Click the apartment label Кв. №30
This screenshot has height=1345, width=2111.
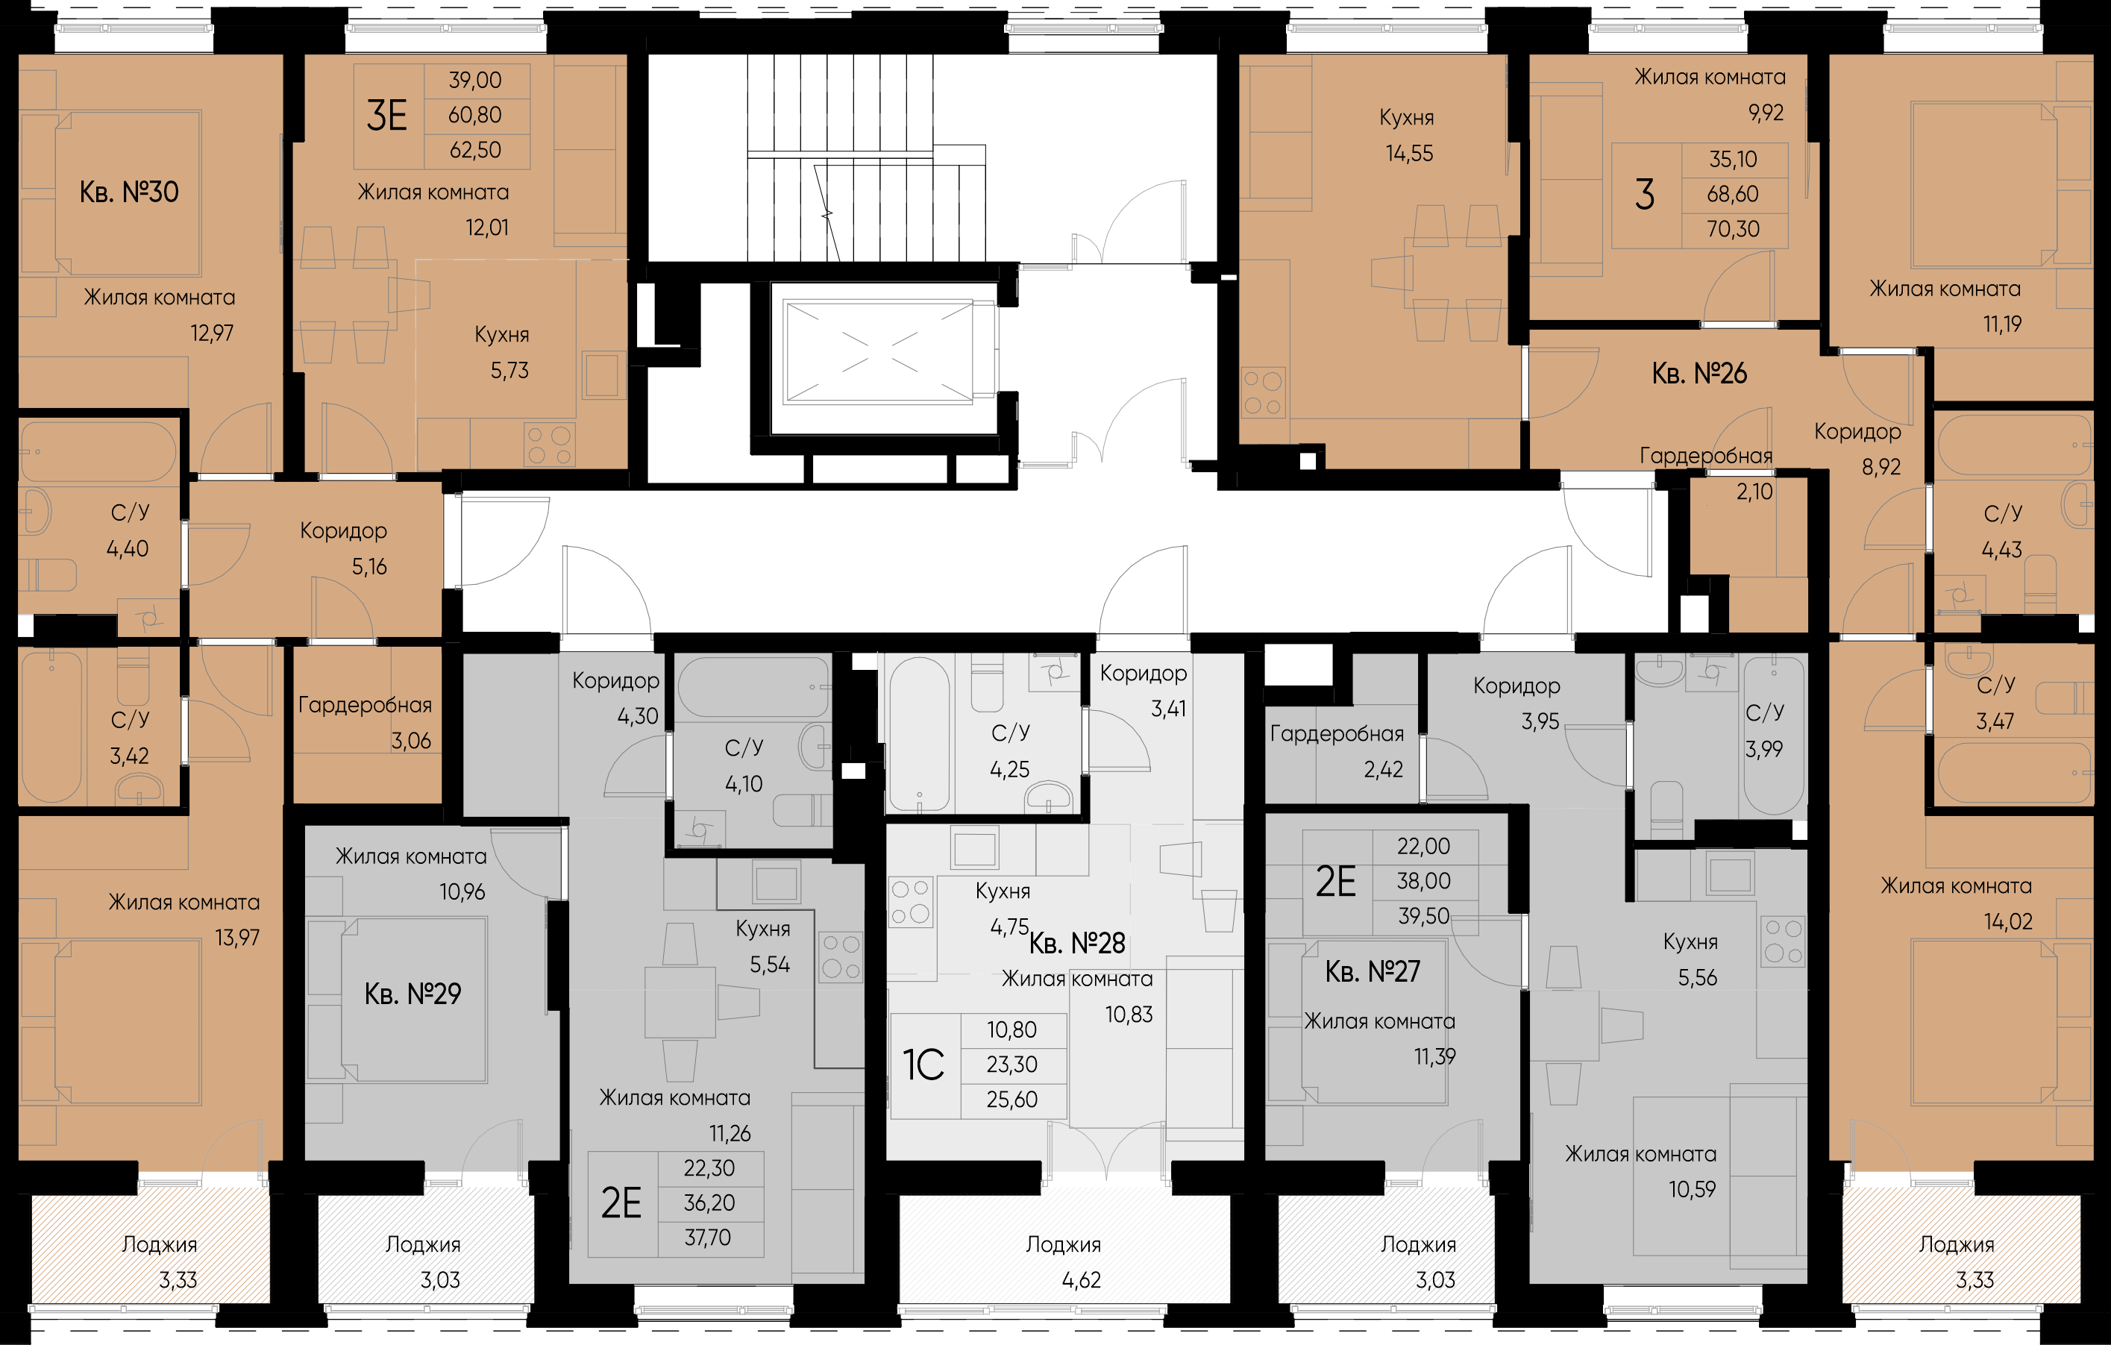tap(129, 192)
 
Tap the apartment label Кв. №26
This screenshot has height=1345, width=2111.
tap(1699, 374)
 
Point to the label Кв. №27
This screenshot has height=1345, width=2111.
tap(1372, 971)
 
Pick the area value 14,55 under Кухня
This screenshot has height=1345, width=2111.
tap(1409, 154)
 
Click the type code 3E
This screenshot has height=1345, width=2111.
tap(386, 116)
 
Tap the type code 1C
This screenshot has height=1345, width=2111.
tap(923, 1065)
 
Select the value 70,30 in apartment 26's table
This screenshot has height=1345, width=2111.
tap(1733, 229)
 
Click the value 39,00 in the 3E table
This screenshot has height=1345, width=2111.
tap(475, 81)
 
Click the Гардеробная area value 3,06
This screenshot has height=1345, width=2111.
tap(411, 741)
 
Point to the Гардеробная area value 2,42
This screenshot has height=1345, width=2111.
tap(1384, 770)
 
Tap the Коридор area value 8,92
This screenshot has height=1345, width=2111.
tap(1881, 467)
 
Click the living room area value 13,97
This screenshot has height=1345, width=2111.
tap(237, 938)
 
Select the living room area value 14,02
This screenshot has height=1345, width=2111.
tap(2007, 921)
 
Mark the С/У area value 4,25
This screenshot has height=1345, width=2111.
tap(1009, 770)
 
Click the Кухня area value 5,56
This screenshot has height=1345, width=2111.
tap(1697, 978)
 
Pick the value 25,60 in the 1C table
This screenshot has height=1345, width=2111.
tap(1011, 1100)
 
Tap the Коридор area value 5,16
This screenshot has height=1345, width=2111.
tap(369, 567)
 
